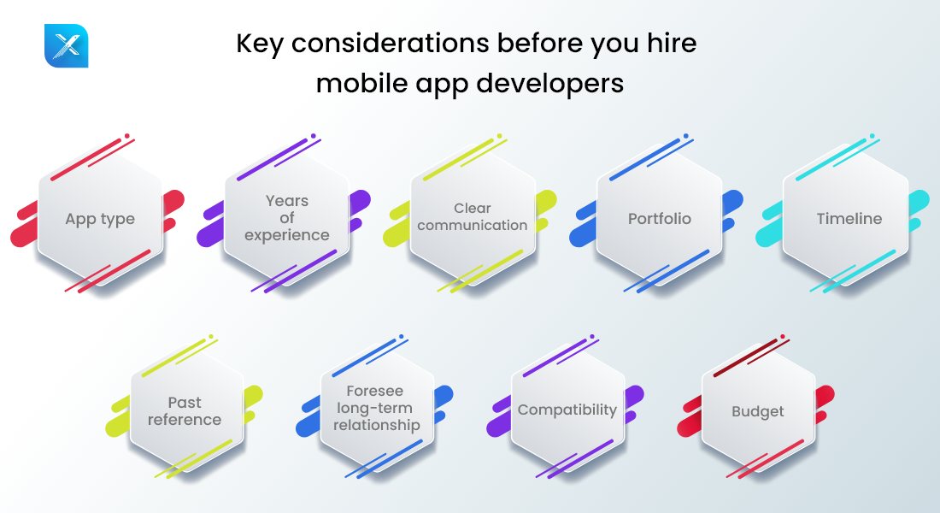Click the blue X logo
66,45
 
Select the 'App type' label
100,219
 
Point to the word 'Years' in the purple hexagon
286,201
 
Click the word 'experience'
286,235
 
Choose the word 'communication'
473,226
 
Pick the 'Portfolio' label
659,219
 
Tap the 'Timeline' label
849,219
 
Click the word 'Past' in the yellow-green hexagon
185,402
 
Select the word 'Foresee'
375,392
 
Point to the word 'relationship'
377,425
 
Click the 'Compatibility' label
567,410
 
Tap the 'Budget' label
757,411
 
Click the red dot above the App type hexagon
127,135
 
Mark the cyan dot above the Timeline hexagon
872,135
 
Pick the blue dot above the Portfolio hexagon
685,135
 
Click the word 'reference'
185,420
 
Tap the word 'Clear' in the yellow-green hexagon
473,208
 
